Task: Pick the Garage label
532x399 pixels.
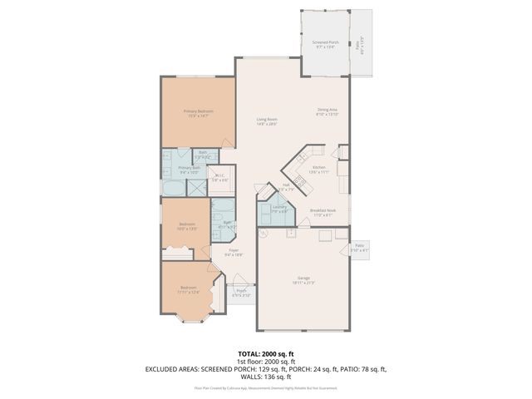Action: tap(303, 279)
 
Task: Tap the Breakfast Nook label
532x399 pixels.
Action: tap(323, 212)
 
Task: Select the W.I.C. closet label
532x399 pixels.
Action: tap(219, 175)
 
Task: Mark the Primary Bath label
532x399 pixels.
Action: tap(190, 169)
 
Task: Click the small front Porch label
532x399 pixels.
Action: tap(240, 291)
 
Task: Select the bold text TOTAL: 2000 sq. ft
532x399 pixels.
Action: tap(266, 352)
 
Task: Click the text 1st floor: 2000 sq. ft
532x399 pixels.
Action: tap(266, 361)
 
